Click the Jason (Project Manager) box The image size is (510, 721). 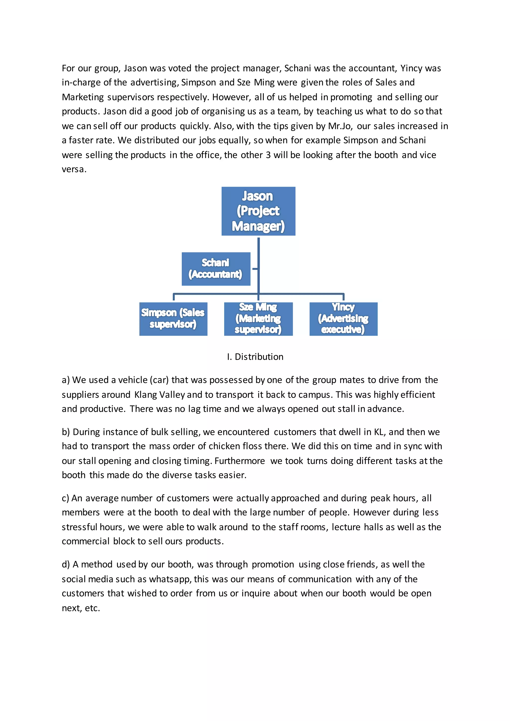(x=258, y=211)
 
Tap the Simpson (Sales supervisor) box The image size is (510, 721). (x=173, y=319)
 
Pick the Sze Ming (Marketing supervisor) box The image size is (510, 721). (x=258, y=319)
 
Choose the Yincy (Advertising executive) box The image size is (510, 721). (x=343, y=319)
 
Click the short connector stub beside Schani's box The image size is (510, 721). (x=255, y=269)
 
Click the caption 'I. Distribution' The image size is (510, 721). (x=255, y=357)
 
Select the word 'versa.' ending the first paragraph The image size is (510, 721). (x=74, y=169)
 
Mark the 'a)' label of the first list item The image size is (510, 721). (x=66, y=380)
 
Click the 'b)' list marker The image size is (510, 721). (x=66, y=432)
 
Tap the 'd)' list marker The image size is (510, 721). (x=66, y=565)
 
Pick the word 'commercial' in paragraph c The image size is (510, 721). (x=85, y=541)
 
